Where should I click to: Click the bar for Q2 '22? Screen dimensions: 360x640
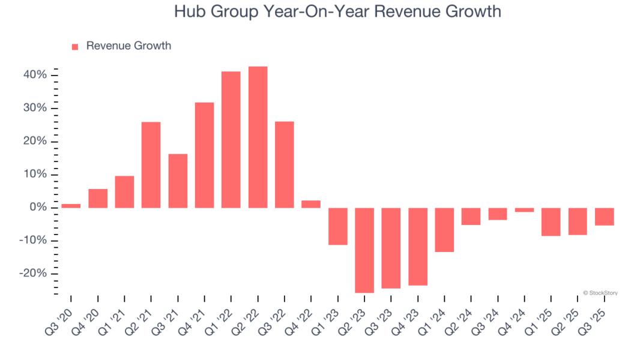[258, 137]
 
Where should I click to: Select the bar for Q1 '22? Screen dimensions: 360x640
[231, 140]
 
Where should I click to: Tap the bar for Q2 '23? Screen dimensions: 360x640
[364, 250]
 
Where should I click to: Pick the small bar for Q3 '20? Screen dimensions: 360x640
[71, 206]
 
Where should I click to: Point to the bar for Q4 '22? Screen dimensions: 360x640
[311, 204]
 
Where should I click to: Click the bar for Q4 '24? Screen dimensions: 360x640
[524, 210]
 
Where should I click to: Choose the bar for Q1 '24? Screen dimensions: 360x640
[444, 230]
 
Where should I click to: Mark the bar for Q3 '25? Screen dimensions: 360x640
[604, 217]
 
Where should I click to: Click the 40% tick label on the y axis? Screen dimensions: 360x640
[35, 75]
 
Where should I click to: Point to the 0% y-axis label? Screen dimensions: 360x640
[38, 208]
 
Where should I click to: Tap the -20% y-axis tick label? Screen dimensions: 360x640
[33, 274]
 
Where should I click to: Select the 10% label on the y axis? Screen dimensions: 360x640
[35, 175]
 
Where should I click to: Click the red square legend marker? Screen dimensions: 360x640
[75, 47]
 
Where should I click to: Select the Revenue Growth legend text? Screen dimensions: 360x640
[128, 46]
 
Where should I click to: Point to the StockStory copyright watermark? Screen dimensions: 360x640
[600, 293]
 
